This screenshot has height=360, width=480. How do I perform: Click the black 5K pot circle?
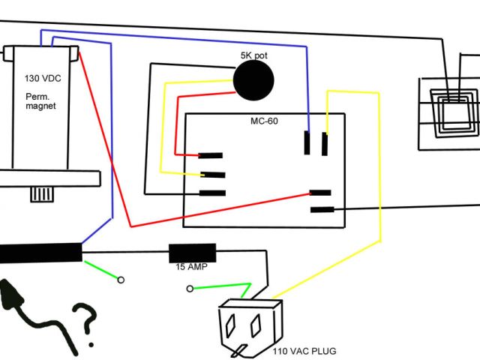tap(253, 79)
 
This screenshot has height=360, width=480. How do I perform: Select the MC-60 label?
tap(264, 121)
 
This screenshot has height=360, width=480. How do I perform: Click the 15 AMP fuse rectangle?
tap(192, 252)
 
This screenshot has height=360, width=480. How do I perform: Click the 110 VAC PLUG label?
tap(304, 350)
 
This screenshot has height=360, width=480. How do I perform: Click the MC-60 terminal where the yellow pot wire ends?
tap(213, 174)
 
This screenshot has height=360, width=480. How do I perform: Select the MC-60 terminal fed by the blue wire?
tap(308, 142)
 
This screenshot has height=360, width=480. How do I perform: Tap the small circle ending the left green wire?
tap(121, 280)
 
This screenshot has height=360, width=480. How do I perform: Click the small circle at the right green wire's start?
tap(190, 289)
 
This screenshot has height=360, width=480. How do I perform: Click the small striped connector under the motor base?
tap(43, 194)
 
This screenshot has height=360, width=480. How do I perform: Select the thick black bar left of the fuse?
tap(40, 253)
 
